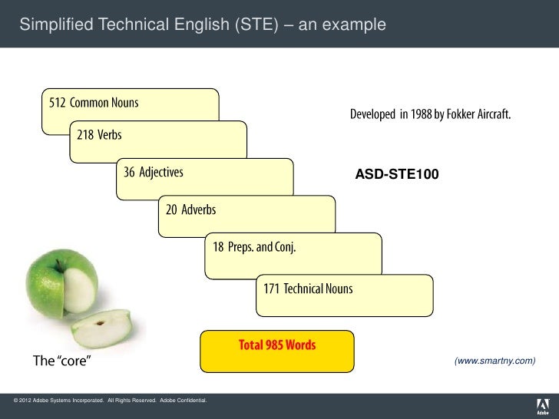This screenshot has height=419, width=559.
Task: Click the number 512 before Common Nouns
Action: click(58, 102)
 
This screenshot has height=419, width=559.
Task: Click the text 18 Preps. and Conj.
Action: click(254, 248)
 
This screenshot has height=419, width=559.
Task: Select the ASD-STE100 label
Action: click(396, 176)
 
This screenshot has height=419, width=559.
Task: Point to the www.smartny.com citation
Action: click(495, 361)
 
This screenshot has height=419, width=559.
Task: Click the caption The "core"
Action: click(61, 361)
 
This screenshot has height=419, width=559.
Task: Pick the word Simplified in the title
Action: click(51, 27)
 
